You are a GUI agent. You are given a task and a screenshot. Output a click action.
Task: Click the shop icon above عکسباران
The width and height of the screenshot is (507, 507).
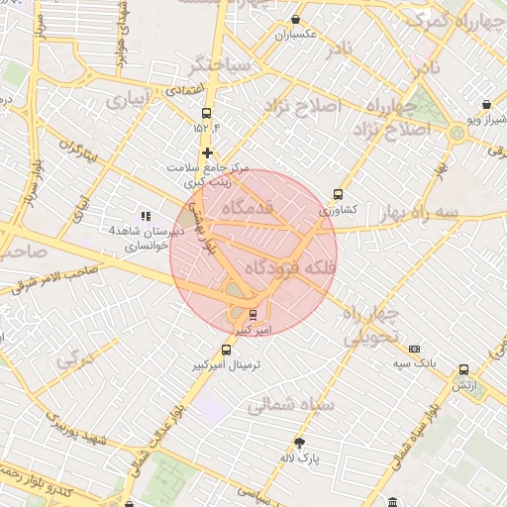(295, 20)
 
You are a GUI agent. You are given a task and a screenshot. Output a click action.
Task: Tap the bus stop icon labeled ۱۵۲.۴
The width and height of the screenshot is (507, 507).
(206, 113)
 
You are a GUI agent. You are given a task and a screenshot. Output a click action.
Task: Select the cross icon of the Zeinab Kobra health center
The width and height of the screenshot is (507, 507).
(207, 152)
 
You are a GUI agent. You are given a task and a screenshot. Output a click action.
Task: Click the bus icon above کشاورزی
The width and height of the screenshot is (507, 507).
(339, 195)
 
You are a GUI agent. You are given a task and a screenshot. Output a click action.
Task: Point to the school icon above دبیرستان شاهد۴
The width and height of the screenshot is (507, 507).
(146, 215)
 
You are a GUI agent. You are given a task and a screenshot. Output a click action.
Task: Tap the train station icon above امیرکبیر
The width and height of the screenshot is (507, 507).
(253, 315)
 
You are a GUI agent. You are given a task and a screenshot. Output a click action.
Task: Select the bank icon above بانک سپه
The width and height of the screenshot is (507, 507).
(414, 349)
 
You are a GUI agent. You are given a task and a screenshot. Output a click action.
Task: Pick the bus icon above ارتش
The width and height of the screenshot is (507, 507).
(463, 369)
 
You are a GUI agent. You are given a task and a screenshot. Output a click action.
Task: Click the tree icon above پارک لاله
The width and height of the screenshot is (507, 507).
(299, 443)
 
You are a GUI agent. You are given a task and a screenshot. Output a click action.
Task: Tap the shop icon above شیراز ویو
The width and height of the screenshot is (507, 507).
(486, 104)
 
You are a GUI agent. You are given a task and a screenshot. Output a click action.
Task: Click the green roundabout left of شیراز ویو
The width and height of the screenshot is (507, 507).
(456, 132)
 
